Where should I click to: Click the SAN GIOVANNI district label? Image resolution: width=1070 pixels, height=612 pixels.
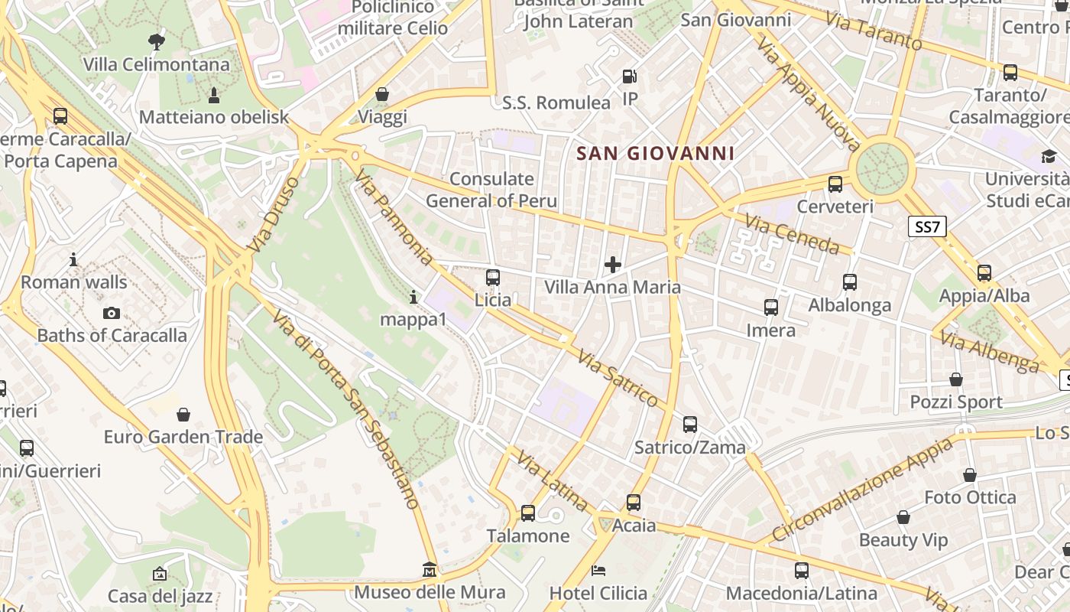coord(655,153)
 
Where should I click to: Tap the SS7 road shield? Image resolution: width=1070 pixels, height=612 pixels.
coord(928,226)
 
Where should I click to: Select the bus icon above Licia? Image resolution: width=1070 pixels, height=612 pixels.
coord(493,277)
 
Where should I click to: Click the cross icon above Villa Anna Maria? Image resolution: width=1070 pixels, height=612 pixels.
coord(612,265)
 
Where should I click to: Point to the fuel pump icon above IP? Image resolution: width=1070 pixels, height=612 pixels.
coord(629,76)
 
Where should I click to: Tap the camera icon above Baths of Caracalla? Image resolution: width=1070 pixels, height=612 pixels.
coord(112,313)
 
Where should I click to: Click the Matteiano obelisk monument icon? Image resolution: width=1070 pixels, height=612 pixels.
coord(213,95)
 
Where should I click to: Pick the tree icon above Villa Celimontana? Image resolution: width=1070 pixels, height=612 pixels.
coord(156,41)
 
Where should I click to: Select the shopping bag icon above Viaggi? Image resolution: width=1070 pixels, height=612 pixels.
coord(381,94)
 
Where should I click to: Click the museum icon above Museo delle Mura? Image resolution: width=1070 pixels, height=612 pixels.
coord(429,570)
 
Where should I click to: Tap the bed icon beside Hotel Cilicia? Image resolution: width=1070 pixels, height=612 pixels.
coord(598,571)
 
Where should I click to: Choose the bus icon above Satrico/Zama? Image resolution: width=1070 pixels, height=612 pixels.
coord(689,425)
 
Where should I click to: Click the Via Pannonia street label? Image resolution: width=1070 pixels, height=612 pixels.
coord(393,219)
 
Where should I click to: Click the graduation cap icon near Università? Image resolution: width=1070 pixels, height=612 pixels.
coord(1049,157)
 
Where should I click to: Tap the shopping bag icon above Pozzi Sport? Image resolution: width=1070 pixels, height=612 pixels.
coord(955,379)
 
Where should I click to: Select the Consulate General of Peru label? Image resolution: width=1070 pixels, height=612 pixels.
coord(491,190)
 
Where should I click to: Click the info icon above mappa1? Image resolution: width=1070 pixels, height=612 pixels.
coord(413,296)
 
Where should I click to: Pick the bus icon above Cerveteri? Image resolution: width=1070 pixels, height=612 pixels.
coord(835,184)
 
